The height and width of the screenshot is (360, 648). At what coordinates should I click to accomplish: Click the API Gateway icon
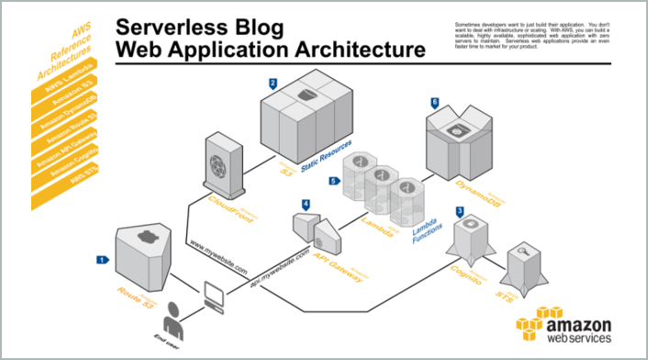coord(316,231)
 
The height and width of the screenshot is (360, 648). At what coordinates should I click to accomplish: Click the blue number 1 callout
coord(102,260)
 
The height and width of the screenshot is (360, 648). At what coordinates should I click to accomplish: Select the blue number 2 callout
coord(273,83)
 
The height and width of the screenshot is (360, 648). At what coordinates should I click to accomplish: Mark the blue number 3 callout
coord(459,210)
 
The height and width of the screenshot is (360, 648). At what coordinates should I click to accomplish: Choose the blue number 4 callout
coord(305,203)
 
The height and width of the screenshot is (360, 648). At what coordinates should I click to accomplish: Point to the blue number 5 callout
coord(333,181)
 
